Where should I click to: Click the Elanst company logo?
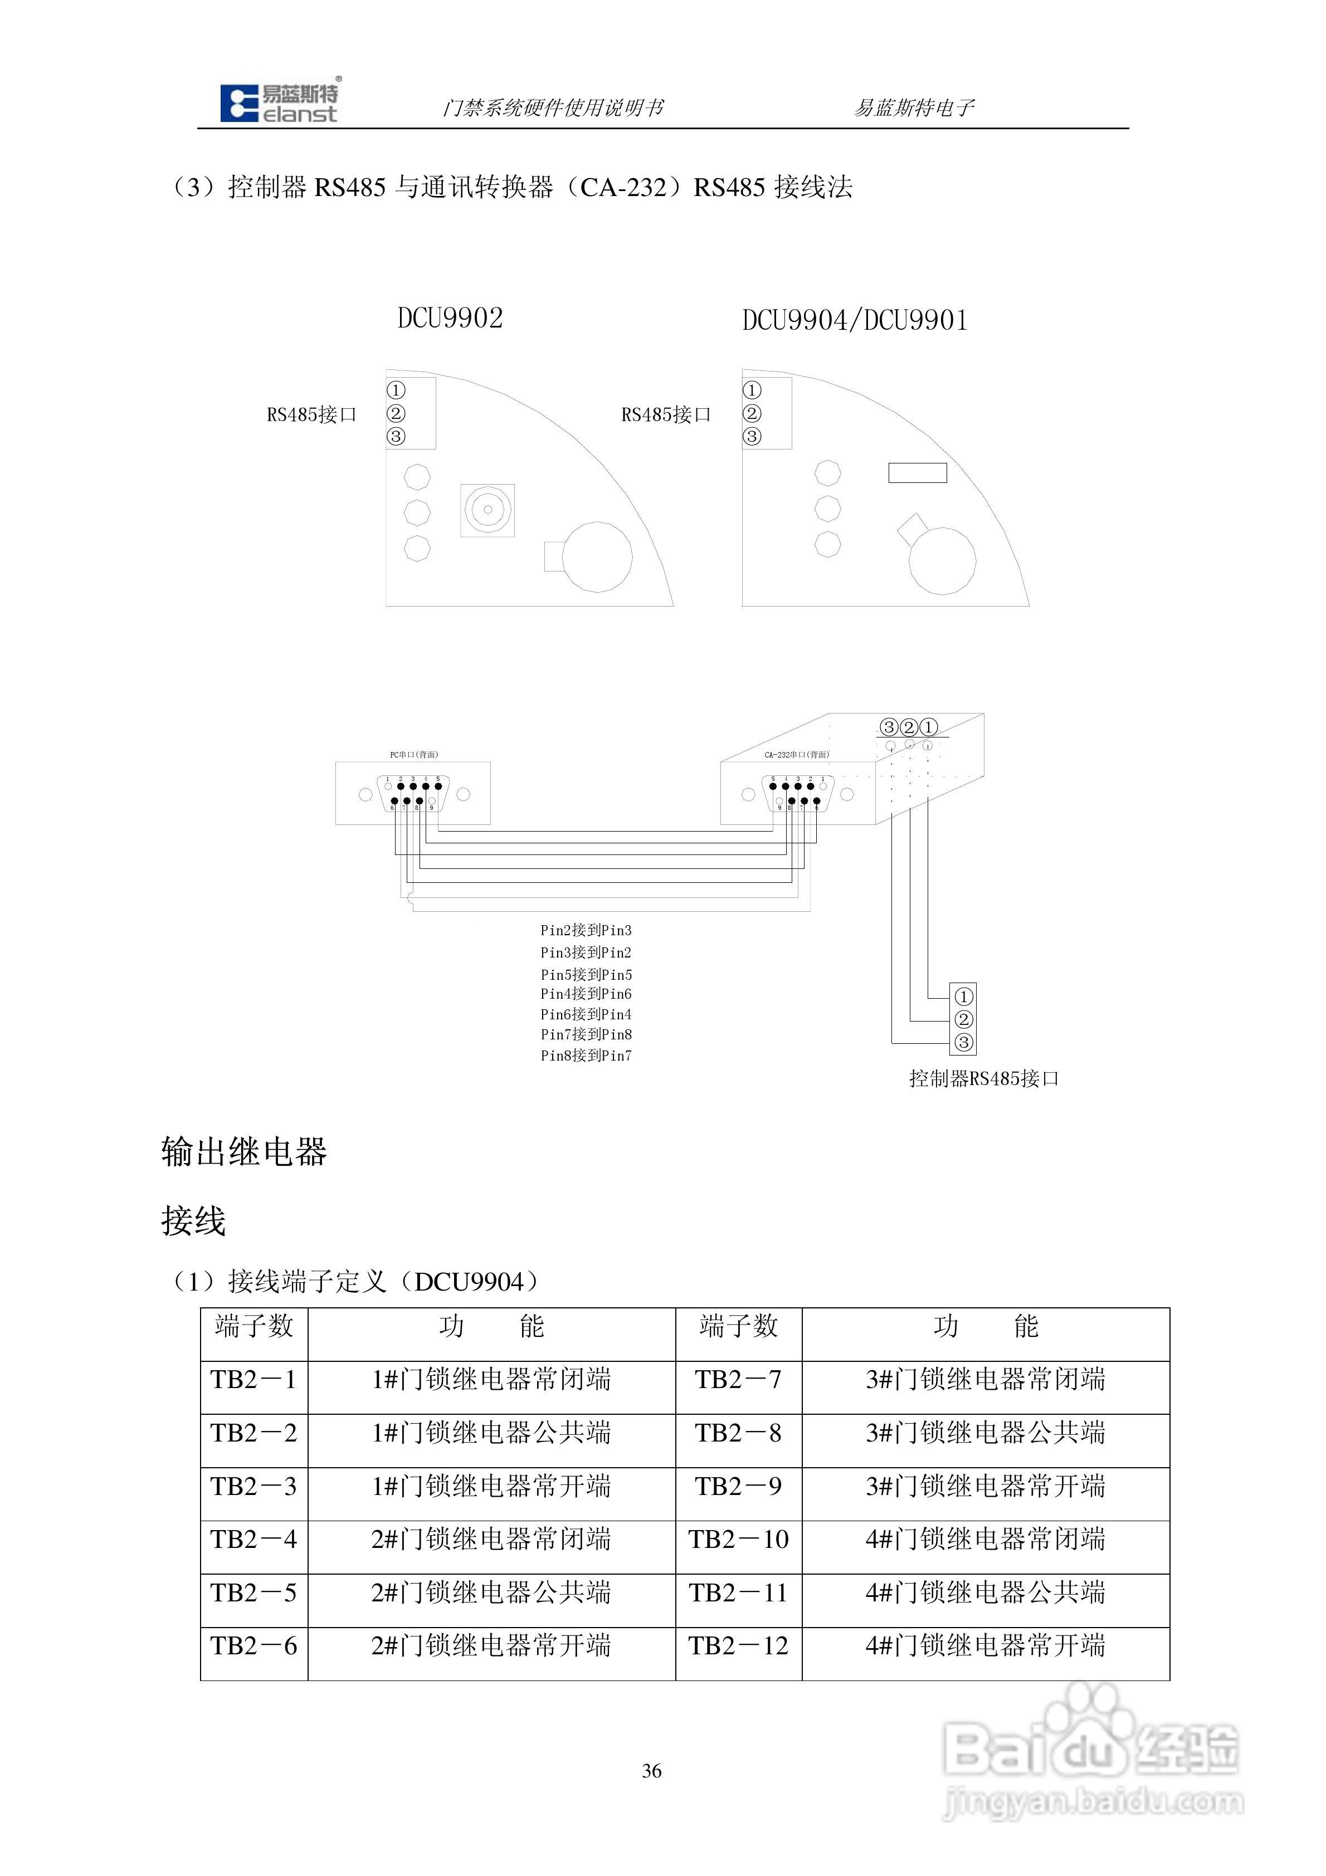tap(279, 104)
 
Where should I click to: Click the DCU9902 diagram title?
tap(450, 318)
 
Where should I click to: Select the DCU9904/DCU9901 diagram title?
tap(854, 320)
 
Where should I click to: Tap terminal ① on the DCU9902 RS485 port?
tap(396, 390)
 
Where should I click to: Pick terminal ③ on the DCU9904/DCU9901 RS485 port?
tap(751, 436)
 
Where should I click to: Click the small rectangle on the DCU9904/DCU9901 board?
tap(917, 472)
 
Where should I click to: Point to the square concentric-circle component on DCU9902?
tap(487, 510)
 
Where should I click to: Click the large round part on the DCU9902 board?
tap(597, 556)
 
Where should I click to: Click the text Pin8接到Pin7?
tap(586, 1056)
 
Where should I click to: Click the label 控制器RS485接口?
tap(983, 1078)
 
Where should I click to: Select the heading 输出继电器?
tap(243, 1152)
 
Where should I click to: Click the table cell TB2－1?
tap(253, 1380)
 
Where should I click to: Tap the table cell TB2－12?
tap(738, 1645)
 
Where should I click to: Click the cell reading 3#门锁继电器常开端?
tap(985, 1486)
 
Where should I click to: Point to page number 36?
tap(651, 1771)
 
